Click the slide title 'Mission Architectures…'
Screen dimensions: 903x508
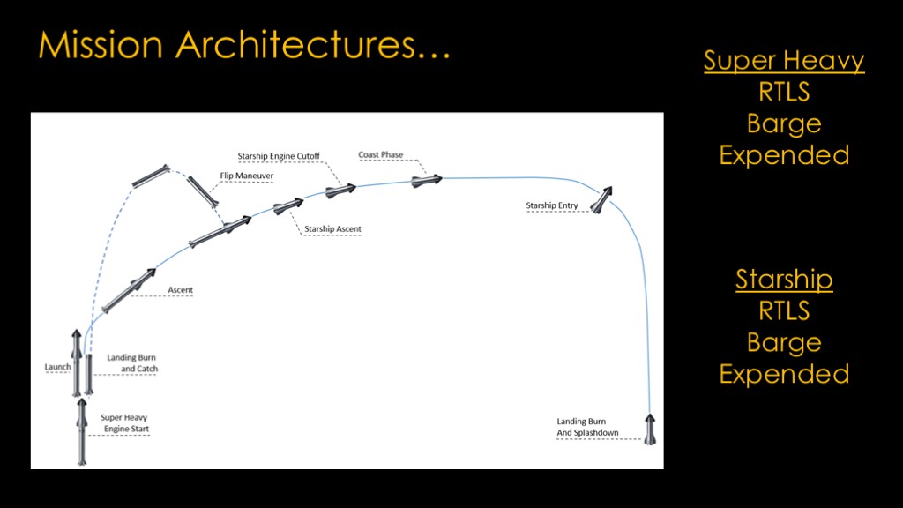click(x=245, y=44)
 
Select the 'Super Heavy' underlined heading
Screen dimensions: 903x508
click(x=784, y=61)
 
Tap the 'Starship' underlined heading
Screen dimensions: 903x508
click(x=784, y=280)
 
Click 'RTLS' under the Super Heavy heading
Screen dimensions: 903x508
click(x=784, y=92)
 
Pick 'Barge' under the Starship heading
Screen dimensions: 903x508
click(x=784, y=343)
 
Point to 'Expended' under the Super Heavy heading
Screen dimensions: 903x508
click(x=784, y=155)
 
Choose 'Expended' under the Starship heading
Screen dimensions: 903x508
click(x=784, y=374)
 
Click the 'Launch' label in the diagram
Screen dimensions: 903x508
click(x=57, y=367)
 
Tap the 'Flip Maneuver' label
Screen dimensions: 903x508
click(x=247, y=176)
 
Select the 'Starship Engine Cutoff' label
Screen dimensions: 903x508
click(x=279, y=156)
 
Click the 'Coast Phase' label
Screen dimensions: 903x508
click(x=381, y=154)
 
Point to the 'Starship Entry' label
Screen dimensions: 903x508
click(x=552, y=205)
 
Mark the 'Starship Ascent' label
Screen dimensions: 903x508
click(x=332, y=228)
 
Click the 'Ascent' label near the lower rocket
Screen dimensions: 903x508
click(x=180, y=289)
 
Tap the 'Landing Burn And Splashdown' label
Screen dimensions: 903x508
click(x=587, y=427)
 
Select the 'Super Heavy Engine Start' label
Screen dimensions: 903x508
click(x=125, y=422)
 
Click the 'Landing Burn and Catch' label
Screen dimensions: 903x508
click(x=132, y=362)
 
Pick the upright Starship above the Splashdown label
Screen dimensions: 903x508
click(x=650, y=430)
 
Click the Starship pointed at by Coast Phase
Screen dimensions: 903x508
click(x=427, y=181)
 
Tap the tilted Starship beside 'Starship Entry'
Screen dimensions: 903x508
click(x=601, y=199)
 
